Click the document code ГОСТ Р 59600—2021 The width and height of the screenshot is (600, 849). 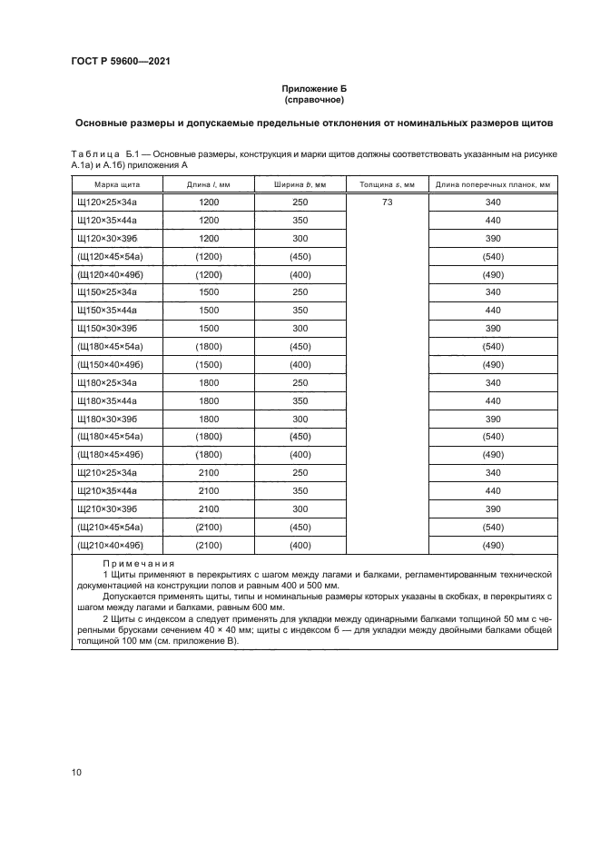121,61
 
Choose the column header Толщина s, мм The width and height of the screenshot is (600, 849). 387,184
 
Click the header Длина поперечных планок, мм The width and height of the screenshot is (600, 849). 493,184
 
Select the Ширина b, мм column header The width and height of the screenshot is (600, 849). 300,184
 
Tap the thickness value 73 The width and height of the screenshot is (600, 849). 387,202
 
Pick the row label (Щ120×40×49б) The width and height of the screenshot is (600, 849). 112,274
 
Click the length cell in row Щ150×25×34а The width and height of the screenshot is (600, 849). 209,292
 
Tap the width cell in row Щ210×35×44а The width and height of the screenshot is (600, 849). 300,490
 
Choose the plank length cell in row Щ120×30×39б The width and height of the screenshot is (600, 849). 493,238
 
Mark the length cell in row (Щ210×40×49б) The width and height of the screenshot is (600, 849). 209,545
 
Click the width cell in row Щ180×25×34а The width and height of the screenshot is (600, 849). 300,382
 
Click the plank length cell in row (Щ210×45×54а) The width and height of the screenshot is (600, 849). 493,527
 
